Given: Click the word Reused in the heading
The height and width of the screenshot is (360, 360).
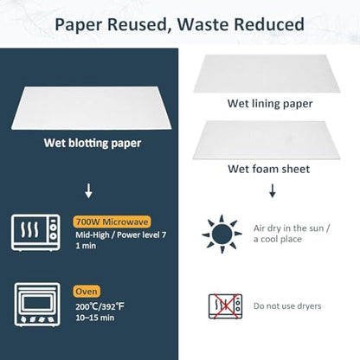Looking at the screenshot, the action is tap(138, 24).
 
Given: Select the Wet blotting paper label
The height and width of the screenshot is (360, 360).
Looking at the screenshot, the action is tap(93, 144).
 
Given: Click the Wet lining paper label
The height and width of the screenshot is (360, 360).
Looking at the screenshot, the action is tap(270, 104).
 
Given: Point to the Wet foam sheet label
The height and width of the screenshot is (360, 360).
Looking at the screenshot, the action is tap(269, 169).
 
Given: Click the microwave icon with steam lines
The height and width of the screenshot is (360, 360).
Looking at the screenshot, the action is tap(35, 233).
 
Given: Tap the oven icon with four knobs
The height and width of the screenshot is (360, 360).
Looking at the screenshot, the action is tap(37, 305).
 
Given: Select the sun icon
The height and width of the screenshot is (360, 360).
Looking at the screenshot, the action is tap(222, 234).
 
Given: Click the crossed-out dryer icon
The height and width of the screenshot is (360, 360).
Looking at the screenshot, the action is tap(225, 306).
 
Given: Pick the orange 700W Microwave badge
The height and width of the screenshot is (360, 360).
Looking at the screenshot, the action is tap(112, 222).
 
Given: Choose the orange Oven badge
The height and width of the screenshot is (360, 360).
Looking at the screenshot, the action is tap(87, 292).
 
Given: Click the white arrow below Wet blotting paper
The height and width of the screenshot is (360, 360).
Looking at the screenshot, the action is tap(88, 191).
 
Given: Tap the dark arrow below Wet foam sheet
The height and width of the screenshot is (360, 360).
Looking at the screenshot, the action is tap(273, 190).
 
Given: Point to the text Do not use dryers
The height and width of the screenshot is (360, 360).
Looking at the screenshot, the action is tap(287, 306).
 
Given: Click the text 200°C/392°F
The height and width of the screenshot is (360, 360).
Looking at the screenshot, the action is tap(100, 306).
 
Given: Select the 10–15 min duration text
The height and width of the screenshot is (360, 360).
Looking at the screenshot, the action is tap(95, 318).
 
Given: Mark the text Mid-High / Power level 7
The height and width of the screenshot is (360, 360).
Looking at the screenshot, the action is tap(121, 235).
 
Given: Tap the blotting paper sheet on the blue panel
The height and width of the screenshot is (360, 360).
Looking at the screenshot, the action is tap(92, 108).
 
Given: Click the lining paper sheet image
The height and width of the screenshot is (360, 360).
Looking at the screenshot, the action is tap(267, 74).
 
